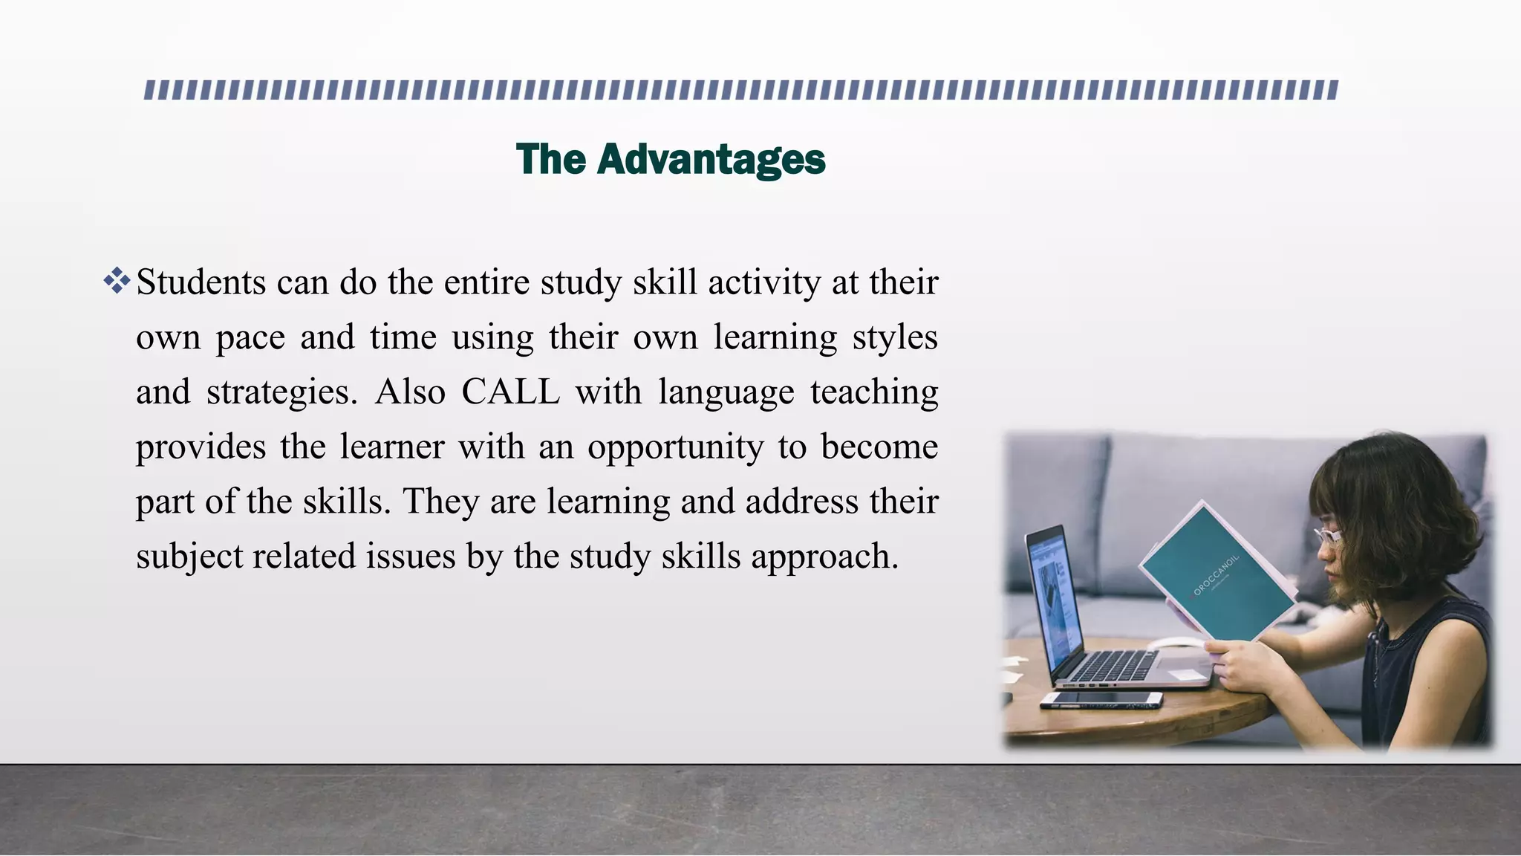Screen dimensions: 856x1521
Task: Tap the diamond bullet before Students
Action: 117,282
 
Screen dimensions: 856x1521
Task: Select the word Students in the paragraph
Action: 201,282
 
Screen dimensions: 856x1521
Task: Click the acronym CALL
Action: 510,392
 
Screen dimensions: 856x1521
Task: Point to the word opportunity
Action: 675,447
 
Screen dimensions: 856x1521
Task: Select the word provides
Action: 201,447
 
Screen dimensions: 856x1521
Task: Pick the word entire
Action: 487,282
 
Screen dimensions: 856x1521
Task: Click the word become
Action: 879,447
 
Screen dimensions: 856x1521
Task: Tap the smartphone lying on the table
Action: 1101,699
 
